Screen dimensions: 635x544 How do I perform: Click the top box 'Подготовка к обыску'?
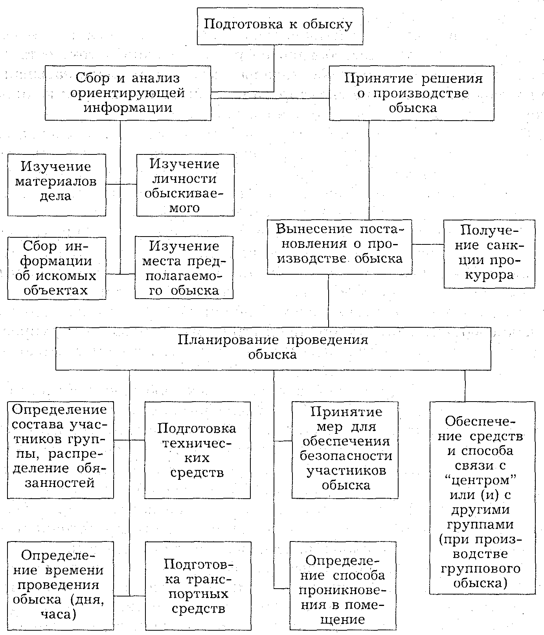pyautogui.click(x=279, y=25)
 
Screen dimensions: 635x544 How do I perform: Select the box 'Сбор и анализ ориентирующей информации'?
pyautogui.click(x=128, y=93)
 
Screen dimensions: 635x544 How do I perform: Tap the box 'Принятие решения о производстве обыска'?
pyautogui.click(x=412, y=93)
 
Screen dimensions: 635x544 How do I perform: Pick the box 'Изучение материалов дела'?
pyautogui.click(x=57, y=185)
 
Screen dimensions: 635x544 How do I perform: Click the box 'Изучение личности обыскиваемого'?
pyautogui.click(x=185, y=185)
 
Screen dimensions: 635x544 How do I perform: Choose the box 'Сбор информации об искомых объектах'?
pyautogui.click(x=57, y=268)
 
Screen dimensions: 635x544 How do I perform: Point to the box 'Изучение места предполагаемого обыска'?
pyautogui.click(x=184, y=268)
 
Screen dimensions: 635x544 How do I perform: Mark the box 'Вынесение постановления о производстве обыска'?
pyautogui.click(x=339, y=247)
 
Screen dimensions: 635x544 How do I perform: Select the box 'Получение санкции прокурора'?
pyautogui.click(x=489, y=254)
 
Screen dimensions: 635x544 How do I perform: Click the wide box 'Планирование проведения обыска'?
pyautogui.click(x=273, y=349)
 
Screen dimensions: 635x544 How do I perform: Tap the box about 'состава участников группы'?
pyautogui.click(x=61, y=450)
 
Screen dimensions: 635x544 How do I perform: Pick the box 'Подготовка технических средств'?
pyautogui.click(x=197, y=450)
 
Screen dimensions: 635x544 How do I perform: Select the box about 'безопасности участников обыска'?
pyautogui.click(x=345, y=450)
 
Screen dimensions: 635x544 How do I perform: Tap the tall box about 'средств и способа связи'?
pyautogui.click(x=482, y=497)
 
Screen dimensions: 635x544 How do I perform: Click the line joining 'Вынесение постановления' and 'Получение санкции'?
pyautogui.click(x=428, y=244)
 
